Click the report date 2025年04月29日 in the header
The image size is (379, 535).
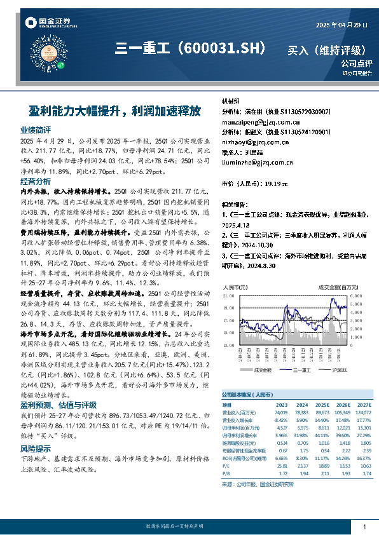[341, 25]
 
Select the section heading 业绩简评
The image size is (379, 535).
[36, 130]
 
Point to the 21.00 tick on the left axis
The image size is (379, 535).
[228, 296]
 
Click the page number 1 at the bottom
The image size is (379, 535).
[364, 527]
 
